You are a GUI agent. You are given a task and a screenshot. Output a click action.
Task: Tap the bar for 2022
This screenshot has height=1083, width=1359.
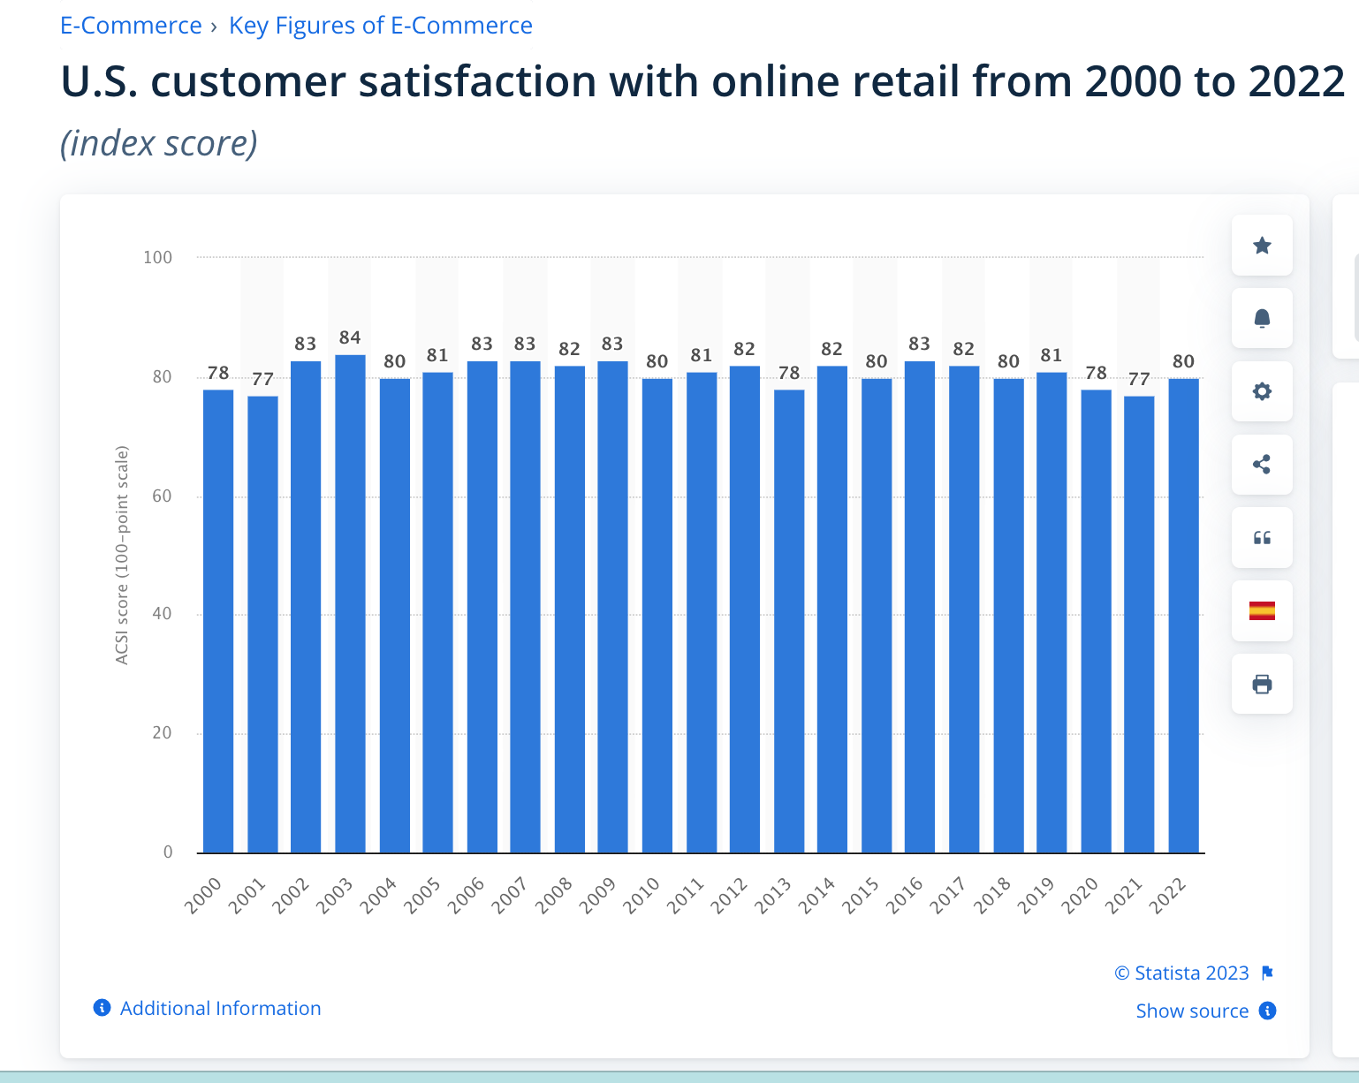click(1183, 616)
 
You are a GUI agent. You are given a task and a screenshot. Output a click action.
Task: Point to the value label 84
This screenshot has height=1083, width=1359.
click(350, 337)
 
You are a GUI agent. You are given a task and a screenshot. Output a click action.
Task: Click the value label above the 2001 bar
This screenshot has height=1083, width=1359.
click(262, 379)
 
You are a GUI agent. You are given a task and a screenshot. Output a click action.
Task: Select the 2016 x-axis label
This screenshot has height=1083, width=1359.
click(905, 895)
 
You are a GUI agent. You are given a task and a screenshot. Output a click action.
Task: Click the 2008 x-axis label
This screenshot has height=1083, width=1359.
click(554, 895)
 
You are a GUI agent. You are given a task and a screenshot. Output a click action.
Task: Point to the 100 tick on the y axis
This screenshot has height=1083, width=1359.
click(158, 257)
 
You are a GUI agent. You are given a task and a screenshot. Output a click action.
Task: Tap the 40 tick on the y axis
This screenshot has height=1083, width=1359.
click(162, 614)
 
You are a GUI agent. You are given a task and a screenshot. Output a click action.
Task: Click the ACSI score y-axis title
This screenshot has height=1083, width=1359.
click(122, 556)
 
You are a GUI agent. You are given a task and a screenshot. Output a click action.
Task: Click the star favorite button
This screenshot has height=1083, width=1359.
click(1262, 246)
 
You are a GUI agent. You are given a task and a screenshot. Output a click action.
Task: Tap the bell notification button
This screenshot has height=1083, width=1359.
click(1262, 318)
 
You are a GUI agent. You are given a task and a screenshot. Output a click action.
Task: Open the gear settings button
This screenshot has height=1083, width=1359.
click(1262, 391)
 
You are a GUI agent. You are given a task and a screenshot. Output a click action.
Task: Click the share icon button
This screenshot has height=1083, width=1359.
click(1262, 465)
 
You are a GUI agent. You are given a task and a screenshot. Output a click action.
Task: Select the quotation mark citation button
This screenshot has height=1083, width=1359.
click(1262, 538)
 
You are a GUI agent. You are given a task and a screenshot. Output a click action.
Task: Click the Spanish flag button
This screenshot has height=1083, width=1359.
click(1262, 610)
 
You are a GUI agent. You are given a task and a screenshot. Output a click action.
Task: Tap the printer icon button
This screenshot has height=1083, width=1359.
click(1262, 684)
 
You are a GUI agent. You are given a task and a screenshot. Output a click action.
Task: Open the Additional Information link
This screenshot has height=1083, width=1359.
click(220, 1008)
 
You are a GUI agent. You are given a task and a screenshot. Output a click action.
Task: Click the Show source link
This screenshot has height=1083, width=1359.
click(1192, 1011)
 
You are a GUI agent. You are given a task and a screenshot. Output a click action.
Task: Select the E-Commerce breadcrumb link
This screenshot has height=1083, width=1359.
click(131, 26)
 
